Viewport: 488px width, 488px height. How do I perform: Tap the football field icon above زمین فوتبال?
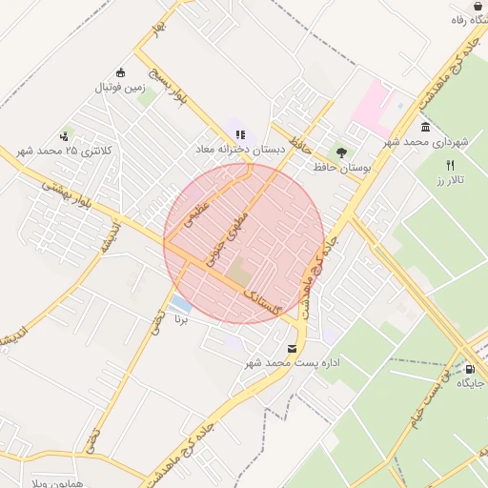[x=119, y=72]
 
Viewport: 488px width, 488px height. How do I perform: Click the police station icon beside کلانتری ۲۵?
[x=65, y=135]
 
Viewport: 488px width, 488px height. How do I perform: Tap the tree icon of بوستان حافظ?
[x=340, y=151]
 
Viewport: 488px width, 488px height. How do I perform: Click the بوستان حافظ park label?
[x=340, y=167]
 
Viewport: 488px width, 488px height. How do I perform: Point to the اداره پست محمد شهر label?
[x=292, y=362]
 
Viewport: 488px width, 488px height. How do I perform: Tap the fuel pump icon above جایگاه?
[x=469, y=369]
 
